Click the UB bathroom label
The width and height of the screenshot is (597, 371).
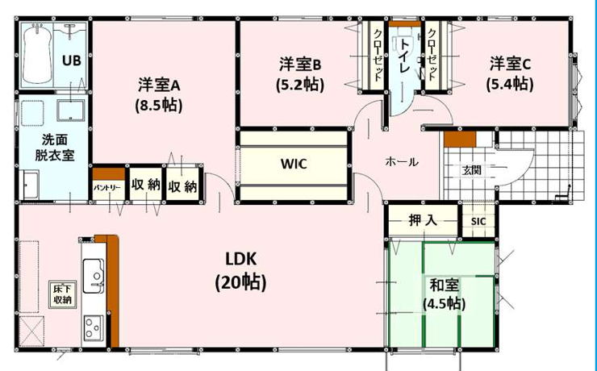(x=72, y=60)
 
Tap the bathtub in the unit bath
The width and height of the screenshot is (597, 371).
(x=36, y=54)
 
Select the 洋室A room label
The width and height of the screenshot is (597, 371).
(x=159, y=85)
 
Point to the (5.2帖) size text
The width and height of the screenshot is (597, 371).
(x=300, y=85)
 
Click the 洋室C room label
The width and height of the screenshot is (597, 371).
(x=510, y=64)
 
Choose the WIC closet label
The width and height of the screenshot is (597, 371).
(x=294, y=164)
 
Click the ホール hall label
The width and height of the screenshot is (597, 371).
(x=402, y=162)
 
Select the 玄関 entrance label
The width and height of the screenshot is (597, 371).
(x=472, y=170)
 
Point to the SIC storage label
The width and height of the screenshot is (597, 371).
(x=478, y=222)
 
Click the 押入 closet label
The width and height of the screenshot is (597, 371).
(x=423, y=220)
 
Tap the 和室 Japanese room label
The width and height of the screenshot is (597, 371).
(x=444, y=285)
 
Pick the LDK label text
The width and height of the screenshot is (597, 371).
(x=241, y=259)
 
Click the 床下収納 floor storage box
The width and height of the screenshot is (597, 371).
(x=62, y=294)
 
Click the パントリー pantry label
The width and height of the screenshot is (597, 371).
(x=107, y=188)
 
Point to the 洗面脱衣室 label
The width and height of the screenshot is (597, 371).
(x=54, y=148)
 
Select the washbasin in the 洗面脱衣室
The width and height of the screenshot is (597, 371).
(x=70, y=110)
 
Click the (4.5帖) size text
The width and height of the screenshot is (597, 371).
(x=445, y=304)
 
